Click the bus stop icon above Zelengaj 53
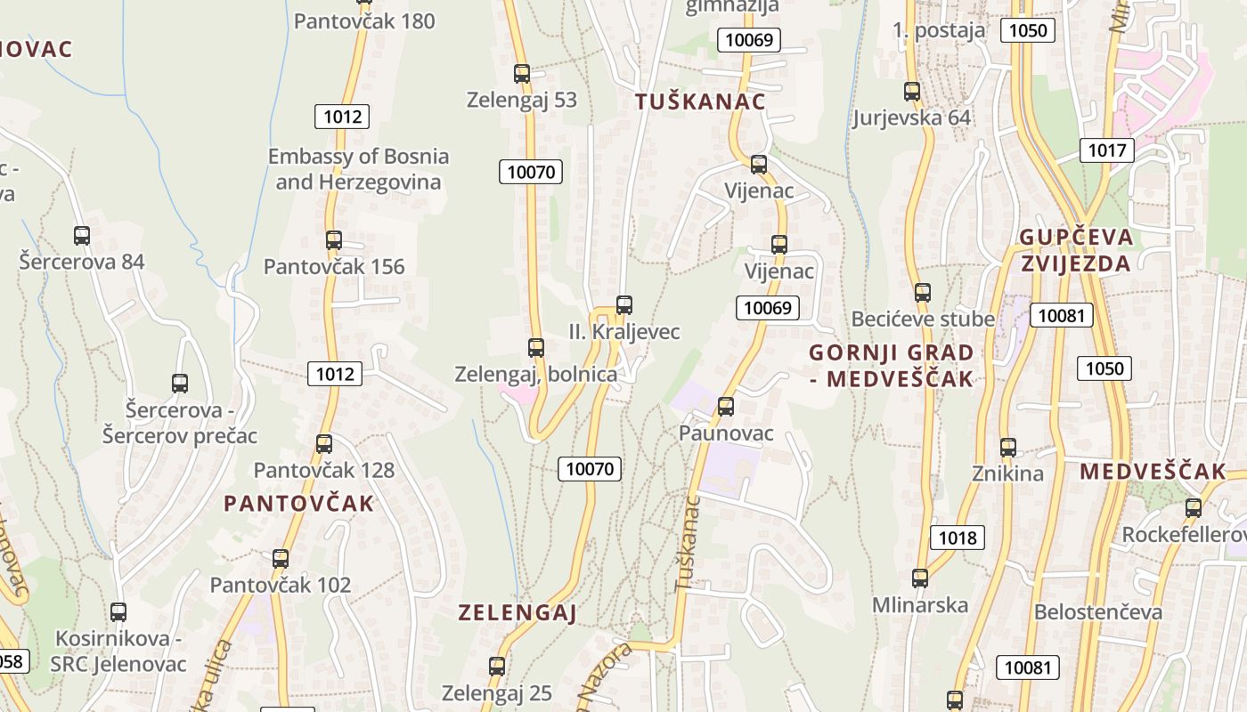click(x=522, y=74)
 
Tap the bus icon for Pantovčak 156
click(x=334, y=240)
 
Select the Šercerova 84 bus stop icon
click(x=82, y=236)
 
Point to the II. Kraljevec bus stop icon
click(x=624, y=305)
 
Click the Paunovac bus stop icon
click(x=726, y=407)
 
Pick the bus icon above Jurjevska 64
click(x=912, y=92)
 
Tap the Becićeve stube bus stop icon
click(x=923, y=292)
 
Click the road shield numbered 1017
click(x=1106, y=150)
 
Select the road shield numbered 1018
click(x=958, y=538)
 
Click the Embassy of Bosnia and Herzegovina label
click(x=359, y=169)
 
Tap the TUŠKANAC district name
click(x=700, y=101)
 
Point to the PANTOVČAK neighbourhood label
click(x=299, y=504)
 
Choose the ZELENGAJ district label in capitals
click(x=518, y=612)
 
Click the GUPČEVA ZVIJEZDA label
click(x=1076, y=250)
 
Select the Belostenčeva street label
click(x=1098, y=612)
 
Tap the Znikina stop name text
click(x=1007, y=473)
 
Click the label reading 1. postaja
click(x=939, y=30)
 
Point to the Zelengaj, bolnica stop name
click(x=535, y=374)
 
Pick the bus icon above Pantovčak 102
click(x=281, y=559)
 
